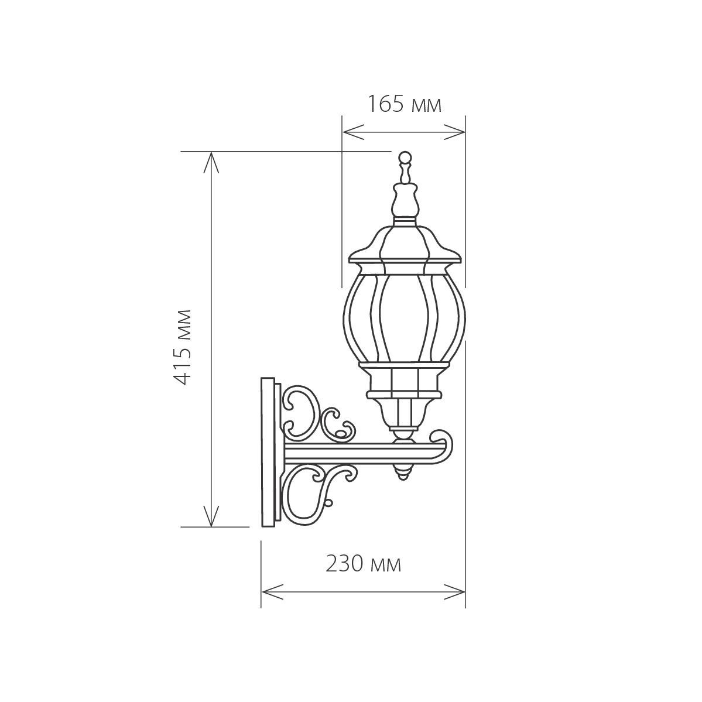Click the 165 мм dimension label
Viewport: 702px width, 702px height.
(x=405, y=105)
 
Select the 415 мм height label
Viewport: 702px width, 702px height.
(x=183, y=347)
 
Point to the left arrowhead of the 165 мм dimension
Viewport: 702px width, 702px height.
(x=353, y=132)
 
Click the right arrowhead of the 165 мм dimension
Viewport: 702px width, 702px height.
(x=455, y=132)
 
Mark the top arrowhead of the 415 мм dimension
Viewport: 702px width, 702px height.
(x=211, y=163)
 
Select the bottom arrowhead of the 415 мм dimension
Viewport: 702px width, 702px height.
(x=211, y=516)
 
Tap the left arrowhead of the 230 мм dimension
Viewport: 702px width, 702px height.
(x=272, y=591)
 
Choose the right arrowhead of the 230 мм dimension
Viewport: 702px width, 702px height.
(x=455, y=591)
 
